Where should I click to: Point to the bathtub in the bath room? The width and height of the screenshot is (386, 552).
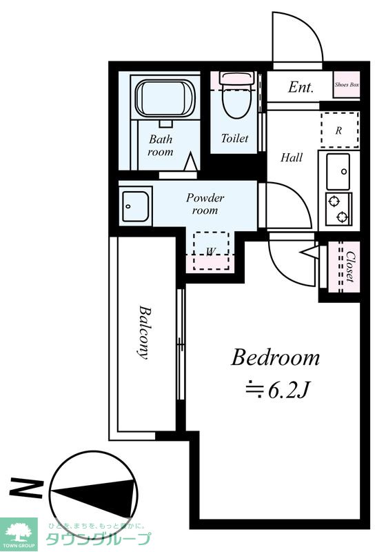(x=165, y=98)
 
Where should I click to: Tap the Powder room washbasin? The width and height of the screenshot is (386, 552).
(x=136, y=206)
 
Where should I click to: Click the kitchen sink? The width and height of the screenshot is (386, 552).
(x=338, y=172)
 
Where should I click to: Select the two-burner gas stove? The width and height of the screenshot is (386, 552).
(x=338, y=209)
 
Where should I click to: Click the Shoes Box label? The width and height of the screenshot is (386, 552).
(x=347, y=85)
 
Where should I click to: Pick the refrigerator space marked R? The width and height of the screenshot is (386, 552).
(x=340, y=130)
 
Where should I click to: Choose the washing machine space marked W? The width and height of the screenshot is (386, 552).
(x=212, y=251)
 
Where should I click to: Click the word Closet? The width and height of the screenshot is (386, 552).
(x=350, y=266)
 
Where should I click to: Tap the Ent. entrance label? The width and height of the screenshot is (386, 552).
(x=301, y=88)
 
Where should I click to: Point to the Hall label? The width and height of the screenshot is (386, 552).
(x=292, y=157)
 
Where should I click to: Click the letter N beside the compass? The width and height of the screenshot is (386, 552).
(x=26, y=489)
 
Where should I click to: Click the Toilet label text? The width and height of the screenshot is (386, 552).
(x=234, y=138)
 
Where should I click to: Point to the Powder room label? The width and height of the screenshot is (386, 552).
(x=205, y=204)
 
